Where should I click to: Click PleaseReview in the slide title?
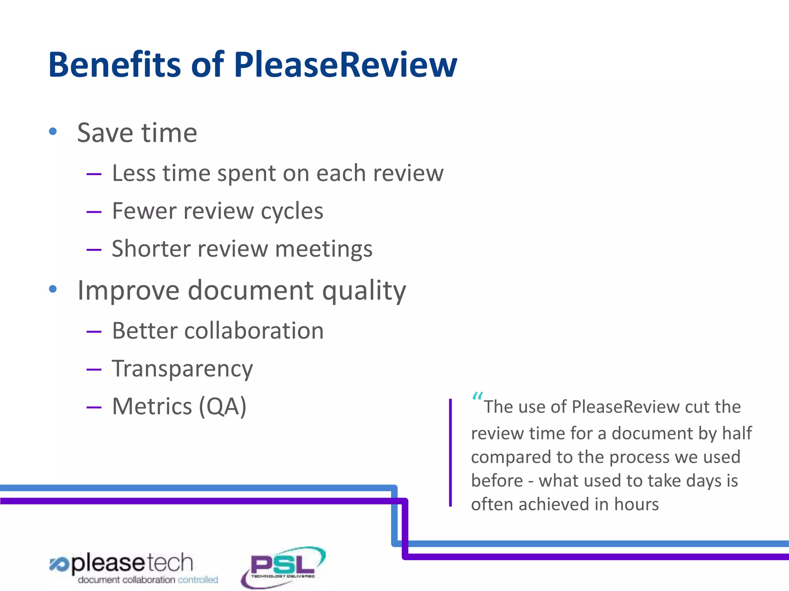click(x=345, y=65)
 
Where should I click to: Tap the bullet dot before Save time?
click(x=53, y=132)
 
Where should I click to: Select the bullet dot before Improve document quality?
click(x=53, y=289)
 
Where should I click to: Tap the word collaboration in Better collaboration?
click(x=254, y=331)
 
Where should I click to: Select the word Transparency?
click(x=182, y=369)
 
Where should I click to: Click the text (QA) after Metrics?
click(x=222, y=407)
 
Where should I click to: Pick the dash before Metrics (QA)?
click(x=94, y=407)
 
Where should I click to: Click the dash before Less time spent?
click(x=94, y=174)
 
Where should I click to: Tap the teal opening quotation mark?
click(x=477, y=396)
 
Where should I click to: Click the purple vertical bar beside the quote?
click(x=450, y=452)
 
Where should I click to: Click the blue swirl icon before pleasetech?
click(x=59, y=564)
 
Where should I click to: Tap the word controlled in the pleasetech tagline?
click(x=198, y=579)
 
